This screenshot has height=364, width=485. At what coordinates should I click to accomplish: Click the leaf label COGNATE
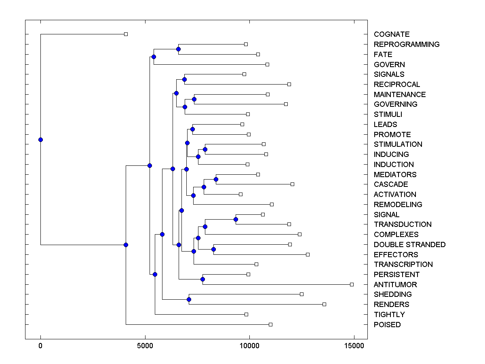tap(392, 34)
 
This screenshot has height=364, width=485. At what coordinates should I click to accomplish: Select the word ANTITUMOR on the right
tap(395, 285)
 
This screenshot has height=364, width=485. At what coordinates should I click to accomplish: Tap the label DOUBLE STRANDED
tap(409, 245)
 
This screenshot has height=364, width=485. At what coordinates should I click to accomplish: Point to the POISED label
tap(387, 325)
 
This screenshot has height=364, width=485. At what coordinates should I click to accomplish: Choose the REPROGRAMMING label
tap(407, 44)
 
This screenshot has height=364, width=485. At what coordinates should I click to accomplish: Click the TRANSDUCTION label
tap(403, 224)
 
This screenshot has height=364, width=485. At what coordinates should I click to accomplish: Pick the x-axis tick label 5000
tap(145, 346)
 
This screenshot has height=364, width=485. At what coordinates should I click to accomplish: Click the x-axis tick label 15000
tap(354, 346)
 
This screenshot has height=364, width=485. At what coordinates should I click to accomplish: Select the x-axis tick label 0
tap(40, 346)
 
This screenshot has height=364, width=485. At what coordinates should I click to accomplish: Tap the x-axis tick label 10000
tap(249, 346)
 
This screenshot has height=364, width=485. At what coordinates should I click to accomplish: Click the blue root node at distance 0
tap(40, 140)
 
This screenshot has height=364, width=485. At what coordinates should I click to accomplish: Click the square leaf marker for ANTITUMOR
tap(352, 284)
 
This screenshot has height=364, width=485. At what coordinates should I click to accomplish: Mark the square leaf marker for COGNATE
tap(126, 34)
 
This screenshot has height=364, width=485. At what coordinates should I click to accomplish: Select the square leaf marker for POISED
tap(271, 324)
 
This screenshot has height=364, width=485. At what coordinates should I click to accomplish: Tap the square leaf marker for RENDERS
tap(324, 304)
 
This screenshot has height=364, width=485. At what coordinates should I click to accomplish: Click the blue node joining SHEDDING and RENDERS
tap(189, 299)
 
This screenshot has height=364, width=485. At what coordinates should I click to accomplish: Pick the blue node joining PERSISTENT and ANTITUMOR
tap(203, 279)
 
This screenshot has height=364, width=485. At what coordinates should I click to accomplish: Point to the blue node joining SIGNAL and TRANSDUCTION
tap(236, 219)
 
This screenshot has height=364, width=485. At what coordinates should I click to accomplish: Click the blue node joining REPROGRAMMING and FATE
tap(178, 49)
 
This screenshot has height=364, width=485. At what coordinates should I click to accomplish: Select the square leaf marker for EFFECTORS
tap(308, 254)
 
